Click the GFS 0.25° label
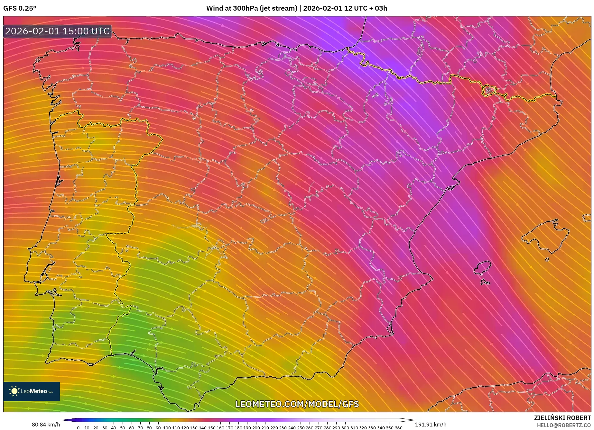tap(20, 8)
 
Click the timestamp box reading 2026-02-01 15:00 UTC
tap(57, 31)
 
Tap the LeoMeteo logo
tap(32, 391)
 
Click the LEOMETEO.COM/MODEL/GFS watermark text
tap(297, 404)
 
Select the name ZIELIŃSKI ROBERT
tap(562, 418)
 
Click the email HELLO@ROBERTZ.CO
tap(564, 425)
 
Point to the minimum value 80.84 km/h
tap(46, 425)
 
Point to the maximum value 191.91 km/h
tap(431, 425)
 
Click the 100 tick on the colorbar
tap(167, 427)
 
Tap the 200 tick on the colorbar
tap(256, 427)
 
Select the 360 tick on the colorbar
tap(398, 427)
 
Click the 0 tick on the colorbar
tap(78, 427)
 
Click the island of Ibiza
tap(483, 268)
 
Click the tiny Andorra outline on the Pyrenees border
tap(489, 90)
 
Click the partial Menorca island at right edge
tap(587, 218)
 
